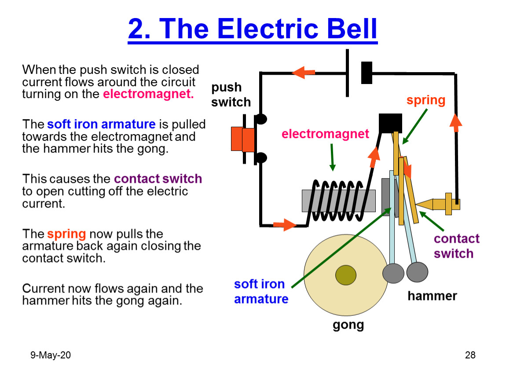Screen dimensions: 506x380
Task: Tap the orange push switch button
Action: tap(243, 139)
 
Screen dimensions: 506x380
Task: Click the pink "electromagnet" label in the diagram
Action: tap(325, 134)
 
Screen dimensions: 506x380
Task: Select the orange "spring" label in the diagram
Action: tap(425, 101)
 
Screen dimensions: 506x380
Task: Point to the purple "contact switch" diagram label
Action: tap(456, 246)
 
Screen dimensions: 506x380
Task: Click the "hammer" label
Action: tap(432, 296)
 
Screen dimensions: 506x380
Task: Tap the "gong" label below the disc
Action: tap(348, 325)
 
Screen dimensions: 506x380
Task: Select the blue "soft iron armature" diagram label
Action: tap(261, 292)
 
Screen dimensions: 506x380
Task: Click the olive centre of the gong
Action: tap(345, 275)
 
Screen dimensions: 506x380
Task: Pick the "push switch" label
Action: tap(231, 95)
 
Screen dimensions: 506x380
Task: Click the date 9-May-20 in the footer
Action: tap(50, 355)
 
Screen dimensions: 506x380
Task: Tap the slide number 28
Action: tap(470, 355)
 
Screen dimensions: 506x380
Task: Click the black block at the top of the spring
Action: tap(390, 123)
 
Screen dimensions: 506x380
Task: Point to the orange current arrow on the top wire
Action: tap(303, 73)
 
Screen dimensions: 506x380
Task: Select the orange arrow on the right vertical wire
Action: tap(456, 123)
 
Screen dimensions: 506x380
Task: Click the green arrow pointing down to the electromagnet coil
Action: tap(332, 157)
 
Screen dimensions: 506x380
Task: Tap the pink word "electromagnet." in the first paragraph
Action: tap(148, 94)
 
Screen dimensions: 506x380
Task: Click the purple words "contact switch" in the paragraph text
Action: tap(158, 179)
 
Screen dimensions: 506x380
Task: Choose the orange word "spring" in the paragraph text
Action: tap(66, 234)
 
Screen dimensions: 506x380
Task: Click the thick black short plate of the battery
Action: tap(367, 73)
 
